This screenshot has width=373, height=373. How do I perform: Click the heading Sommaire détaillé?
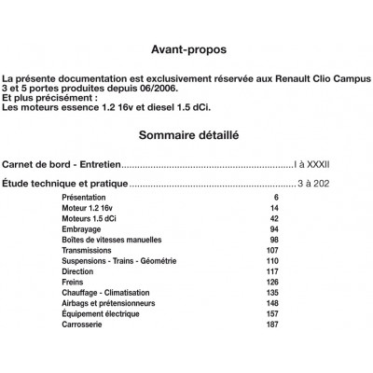188,135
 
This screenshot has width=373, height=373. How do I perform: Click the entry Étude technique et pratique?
64,186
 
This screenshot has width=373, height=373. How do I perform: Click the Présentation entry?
83,200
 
